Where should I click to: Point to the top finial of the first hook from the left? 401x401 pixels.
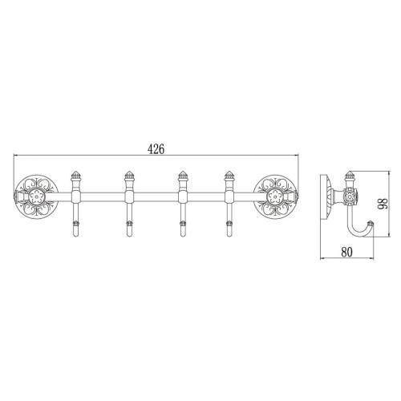pyautogui.click(x=77, y=175)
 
